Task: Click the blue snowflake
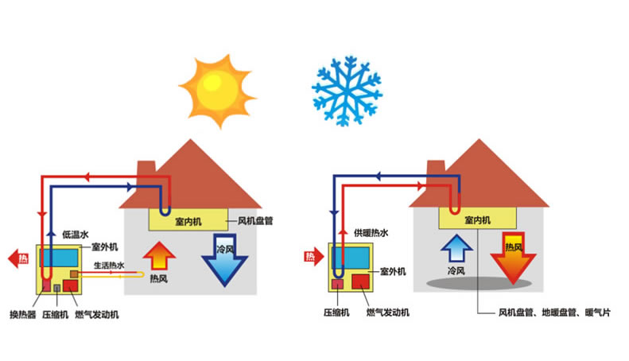345,89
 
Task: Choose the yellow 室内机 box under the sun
188,220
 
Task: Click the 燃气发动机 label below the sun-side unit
98,315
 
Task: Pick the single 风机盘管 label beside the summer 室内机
256,220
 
